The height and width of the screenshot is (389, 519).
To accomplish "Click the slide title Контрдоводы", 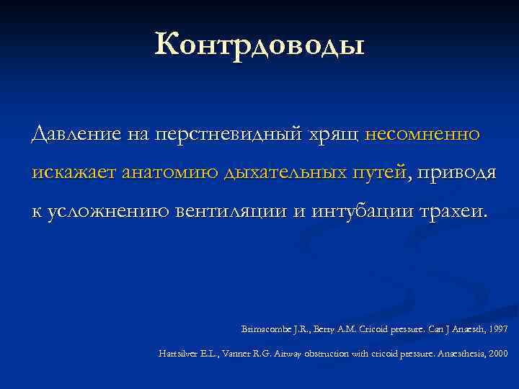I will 259,45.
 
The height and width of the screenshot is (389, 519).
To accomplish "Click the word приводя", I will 455,174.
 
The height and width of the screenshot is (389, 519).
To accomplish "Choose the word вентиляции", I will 239,213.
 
